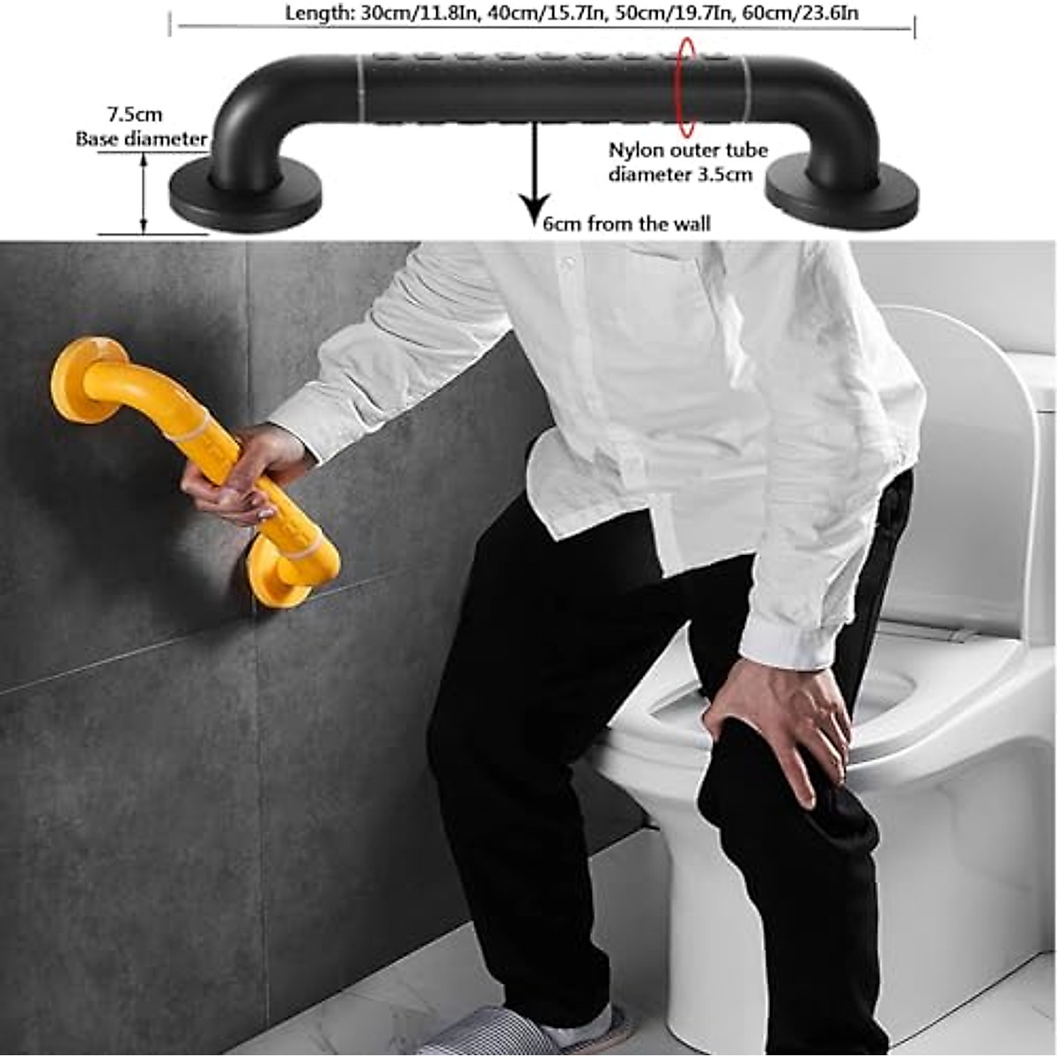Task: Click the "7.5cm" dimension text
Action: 135,115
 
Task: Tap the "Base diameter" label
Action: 141,138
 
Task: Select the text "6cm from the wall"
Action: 626,224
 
